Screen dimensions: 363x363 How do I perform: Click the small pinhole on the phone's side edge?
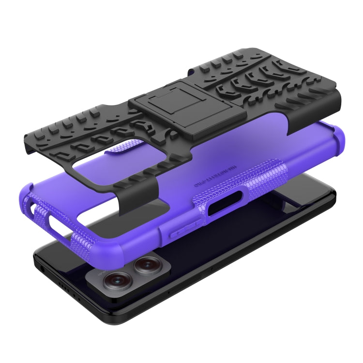pyautogui.click(x=169, y=293)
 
